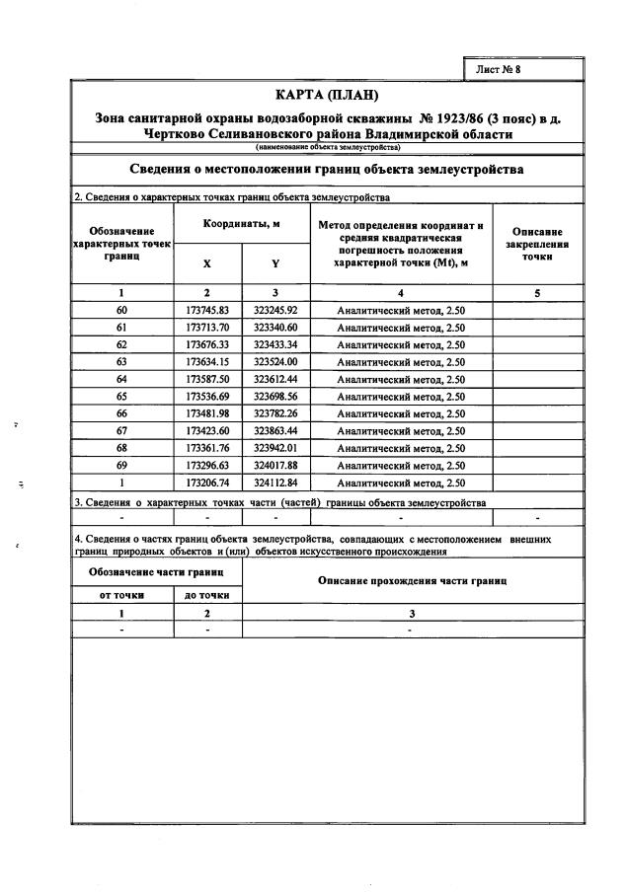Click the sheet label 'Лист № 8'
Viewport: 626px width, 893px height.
(499, 69)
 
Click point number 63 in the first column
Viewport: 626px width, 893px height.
(121, 362)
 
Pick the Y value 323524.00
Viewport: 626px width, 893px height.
(275, 362)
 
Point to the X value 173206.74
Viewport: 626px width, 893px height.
(207, 484)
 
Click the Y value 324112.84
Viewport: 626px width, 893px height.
(275, 484)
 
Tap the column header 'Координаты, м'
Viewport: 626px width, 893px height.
(242, 225)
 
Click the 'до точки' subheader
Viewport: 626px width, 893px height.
(207, 595)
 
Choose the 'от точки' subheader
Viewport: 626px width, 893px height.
(122, 595)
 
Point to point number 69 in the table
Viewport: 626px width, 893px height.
(121, 466)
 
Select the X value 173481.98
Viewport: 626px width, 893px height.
(207, 414)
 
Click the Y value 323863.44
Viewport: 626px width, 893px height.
(275, 431)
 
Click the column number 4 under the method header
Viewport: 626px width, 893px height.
(401, 292)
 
